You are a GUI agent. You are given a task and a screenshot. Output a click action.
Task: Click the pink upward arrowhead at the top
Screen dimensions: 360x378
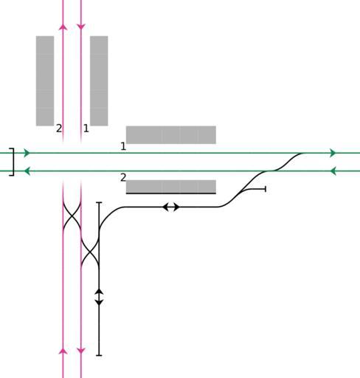pos(63,27)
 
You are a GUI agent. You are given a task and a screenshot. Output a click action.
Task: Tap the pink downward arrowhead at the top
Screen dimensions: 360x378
pos(81,27)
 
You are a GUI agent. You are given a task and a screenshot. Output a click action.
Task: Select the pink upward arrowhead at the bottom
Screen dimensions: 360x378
pos(63,351)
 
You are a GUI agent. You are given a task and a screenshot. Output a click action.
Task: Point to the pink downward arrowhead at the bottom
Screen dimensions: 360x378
pos(81,351)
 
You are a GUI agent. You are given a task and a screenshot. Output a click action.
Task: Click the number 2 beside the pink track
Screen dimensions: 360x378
pos(59,128)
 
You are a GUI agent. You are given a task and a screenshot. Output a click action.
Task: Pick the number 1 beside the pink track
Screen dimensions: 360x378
pos(86,128)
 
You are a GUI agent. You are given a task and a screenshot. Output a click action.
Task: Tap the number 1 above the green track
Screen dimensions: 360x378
pos(123,146)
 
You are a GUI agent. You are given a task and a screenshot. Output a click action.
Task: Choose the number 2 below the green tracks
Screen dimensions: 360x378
pos(123,177)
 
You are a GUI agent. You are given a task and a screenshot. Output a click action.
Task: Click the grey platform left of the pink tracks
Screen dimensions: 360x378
pos(45,81)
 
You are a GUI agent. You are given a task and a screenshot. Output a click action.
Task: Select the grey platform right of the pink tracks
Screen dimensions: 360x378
pos(99,81)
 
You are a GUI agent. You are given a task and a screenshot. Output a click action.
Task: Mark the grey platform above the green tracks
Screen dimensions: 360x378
pos(171,135)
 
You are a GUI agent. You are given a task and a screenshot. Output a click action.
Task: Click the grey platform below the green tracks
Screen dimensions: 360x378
pos(171,187)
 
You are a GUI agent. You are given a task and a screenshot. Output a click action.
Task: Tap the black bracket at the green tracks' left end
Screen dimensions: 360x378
pos(13,162)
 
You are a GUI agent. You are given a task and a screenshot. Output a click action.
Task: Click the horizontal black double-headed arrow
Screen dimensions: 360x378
pos(171,207)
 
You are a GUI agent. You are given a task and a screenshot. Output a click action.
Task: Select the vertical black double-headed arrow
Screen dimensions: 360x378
pos(99,298)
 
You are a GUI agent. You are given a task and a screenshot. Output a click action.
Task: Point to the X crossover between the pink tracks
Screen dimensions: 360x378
pos(72,216)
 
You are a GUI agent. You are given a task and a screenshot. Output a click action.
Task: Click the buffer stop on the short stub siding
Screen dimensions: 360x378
pos(266,189)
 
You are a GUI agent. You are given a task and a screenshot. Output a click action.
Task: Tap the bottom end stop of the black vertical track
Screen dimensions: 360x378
pos(99,355)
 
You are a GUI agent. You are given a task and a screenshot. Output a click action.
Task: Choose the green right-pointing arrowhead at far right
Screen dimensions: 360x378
pos(333,153)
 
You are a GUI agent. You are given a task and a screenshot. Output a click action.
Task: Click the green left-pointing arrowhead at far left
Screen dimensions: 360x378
pos(27,171)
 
